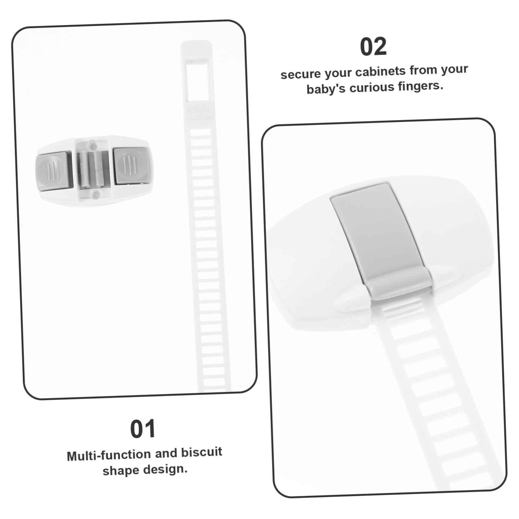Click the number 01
pyautogui.click(x=143, y=429)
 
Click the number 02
pyautogui.click(x=373, y=47)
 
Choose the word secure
pyautogui.click(x=300, y=74)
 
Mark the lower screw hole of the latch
pyautogui.click(x=97, y=195)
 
